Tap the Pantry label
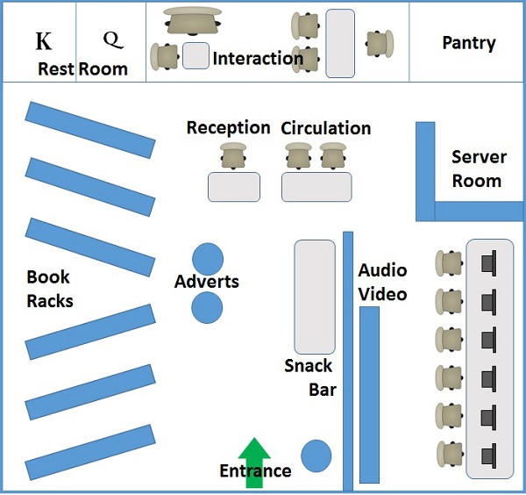coord(468,42)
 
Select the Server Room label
coord(478,169)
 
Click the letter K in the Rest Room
coord(42,42)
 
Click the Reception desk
coord(234,187)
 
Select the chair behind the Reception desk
coord(233,157)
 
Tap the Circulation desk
coord(316,187)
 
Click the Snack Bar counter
coord(315,297)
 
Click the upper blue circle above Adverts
coord(208,259)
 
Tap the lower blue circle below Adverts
coord(208,307)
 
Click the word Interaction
coord(258,59)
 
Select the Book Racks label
coord(49,289)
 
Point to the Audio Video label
coord(382,282)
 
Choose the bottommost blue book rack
coord(90,452)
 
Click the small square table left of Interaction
coord(195,55)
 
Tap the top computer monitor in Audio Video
coord(488,262)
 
